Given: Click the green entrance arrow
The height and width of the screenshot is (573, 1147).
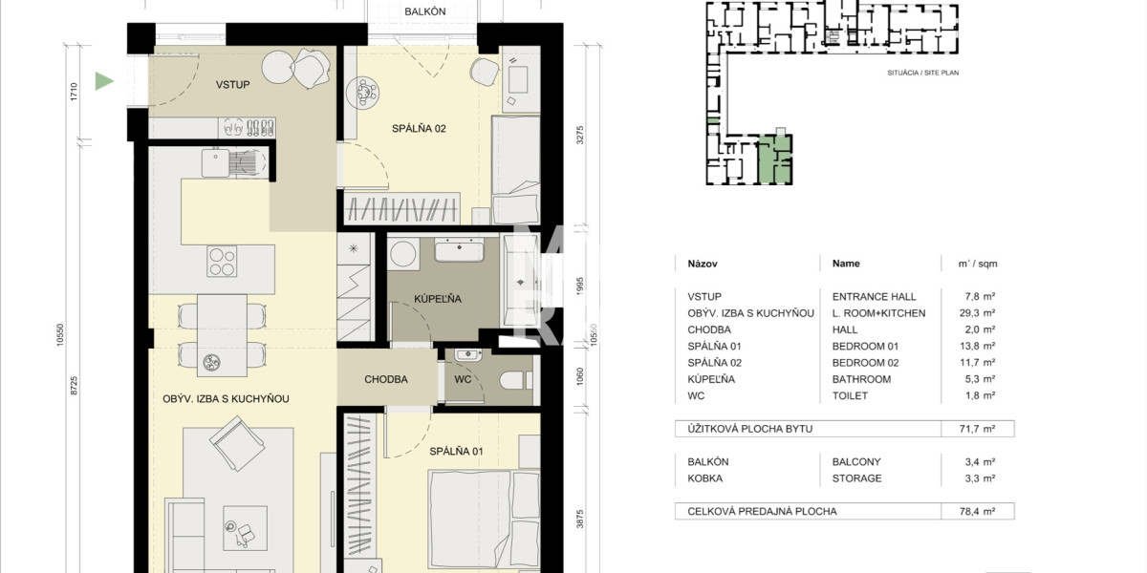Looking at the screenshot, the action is click(x=103, y=81).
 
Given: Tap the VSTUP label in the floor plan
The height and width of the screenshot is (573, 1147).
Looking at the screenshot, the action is click(x=232, y=85).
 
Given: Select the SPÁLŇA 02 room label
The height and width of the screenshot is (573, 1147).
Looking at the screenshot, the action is click(x=419, y=128).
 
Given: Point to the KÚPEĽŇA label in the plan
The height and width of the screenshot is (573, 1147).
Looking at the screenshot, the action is click(x=438, y=299).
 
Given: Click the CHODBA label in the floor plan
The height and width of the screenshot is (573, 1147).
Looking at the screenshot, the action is click(x=386, y=379).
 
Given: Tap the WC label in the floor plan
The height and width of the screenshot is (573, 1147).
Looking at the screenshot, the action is click(x=463, y=379).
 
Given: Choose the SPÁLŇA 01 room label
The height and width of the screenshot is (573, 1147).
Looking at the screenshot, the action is click(x=456, y=451).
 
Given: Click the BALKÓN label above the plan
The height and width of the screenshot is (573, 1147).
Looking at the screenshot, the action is click(x=425, y=11).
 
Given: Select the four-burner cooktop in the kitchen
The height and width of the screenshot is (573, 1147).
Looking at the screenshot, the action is click(x=222, y=261).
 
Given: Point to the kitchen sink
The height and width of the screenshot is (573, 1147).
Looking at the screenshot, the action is click(x=215, y=162).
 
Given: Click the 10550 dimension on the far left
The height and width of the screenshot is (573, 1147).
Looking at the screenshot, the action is click(x=60, y=335).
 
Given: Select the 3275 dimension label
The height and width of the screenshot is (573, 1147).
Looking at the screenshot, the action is click(x=579, y=135).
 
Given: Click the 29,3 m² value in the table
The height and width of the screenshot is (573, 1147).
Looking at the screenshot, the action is click(x=977, y=312).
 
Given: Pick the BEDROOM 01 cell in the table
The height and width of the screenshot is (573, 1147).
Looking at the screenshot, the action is click(x=865, y=347).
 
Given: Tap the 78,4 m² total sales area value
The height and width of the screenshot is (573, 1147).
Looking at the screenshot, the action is click(x=977, y=511).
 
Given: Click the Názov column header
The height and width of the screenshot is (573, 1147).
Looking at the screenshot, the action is click(x=702, y=264).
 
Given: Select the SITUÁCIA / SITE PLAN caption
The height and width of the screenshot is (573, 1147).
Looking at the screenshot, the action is click(x=922, y=73).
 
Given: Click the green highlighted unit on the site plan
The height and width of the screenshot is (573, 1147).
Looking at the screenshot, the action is click(x=773, y=159).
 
